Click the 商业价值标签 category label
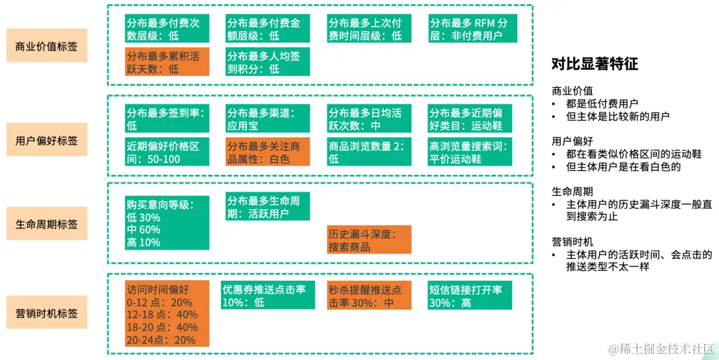click(47, 46)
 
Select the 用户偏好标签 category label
click(47, 140)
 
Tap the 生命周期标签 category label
click(47, 224)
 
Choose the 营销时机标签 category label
click(47, 312)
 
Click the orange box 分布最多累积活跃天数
click(167, 62)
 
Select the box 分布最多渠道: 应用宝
click(268, 118)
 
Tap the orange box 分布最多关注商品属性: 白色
click(268, 152)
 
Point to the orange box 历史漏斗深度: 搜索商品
click(369, 240)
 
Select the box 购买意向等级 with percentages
click(167, 223)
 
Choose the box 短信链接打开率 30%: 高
click(470, 295)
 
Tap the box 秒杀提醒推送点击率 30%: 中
click(369, 295)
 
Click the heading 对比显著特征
click(595, 64)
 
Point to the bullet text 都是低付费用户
click(602, 103)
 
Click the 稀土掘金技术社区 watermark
click(659, 349)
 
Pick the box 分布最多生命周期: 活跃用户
click(268, 206)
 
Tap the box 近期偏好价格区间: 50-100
click(167, 152)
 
